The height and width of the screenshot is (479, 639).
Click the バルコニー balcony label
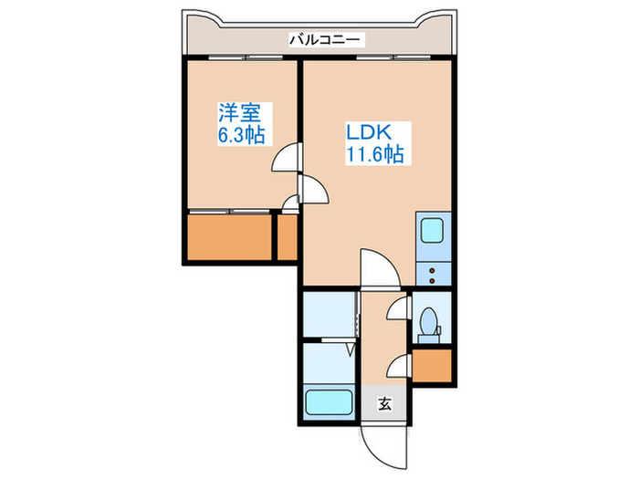pyautogui.click(x=326, y=39)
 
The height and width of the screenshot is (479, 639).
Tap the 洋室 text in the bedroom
pyautogui.click(x=239, y=113)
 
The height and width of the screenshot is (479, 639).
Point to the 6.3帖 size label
pyautogui.click(x=241, y=136)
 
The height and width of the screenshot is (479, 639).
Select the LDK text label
pyautogui.click(x=369, y=132)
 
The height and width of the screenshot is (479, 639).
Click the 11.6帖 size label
pyautogui.click(x=374, y=155)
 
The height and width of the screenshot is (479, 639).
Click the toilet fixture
pyautogui.click(x=428, y=322)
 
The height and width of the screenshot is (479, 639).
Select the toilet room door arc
pyautogui.click(x=397, y=310)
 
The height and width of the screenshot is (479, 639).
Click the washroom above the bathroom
pyautogui.click(x=328, y=316)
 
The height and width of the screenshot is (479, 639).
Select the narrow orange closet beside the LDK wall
pyautogui.click(x=288, y=238)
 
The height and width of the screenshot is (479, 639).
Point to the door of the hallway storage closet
pyautogui.click(x=397, y=367)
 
